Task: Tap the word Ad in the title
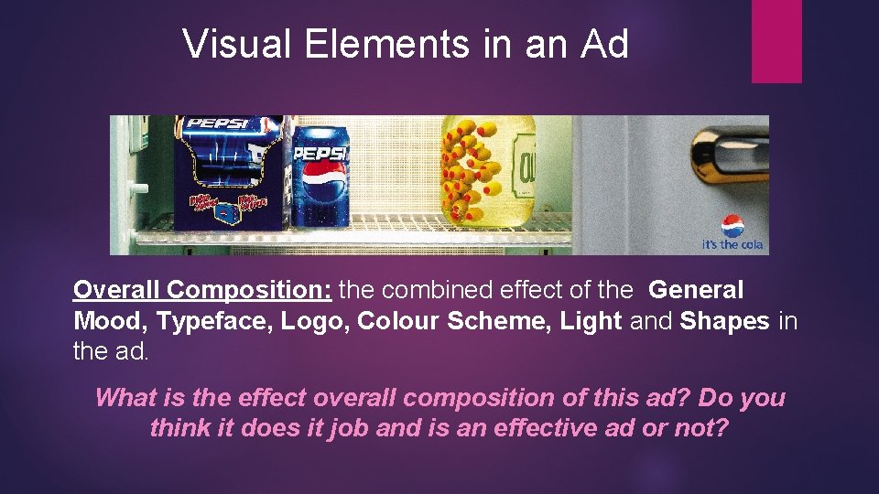point(604,43)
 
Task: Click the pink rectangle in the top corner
point(776,40)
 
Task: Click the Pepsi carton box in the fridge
point(229,174)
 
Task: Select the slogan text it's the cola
point(732,244)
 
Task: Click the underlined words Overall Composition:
point(203,291)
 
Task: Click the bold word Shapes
point(724,321)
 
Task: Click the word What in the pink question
point(124,398)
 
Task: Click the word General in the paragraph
point(696,291)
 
